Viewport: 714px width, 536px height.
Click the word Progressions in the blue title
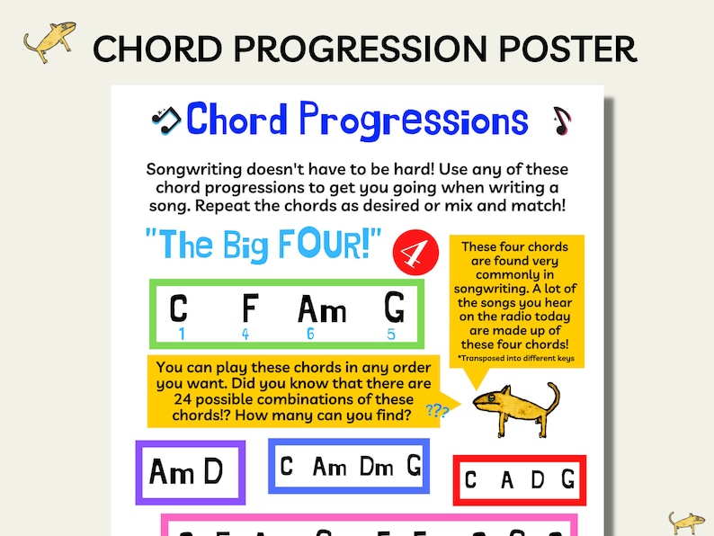click(x=413, y=120)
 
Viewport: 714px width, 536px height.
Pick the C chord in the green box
click(x=179, y=308)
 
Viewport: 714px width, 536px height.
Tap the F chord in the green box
click(x=249, y=308)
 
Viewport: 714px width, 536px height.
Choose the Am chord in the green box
click(x=322, y=310)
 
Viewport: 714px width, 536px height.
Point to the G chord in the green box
click(x=394, y=308)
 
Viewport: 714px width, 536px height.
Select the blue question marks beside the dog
click(x=438, y=411)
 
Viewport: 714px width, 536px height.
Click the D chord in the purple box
click(x=212, y=471)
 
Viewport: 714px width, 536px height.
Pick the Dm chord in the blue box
click(x=377, y=466)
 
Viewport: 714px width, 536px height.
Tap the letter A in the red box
click(x=507, y=480)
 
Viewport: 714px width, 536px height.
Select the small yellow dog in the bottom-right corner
click(x=686, y=523)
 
